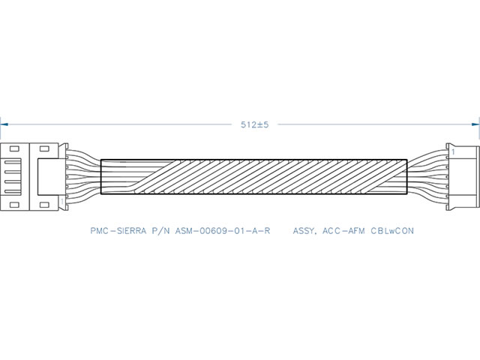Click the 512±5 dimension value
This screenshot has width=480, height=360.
[254, 124]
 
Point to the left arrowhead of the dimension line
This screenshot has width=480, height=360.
[4, 124]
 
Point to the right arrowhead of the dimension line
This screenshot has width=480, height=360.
[475, 124]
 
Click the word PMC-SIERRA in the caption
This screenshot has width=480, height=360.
[118, 230]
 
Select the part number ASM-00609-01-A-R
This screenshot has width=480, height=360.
[223, 230]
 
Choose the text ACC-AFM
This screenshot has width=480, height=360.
[343, 230]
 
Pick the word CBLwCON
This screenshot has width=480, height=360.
[392, 230]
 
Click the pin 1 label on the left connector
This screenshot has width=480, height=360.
[62, 202]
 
